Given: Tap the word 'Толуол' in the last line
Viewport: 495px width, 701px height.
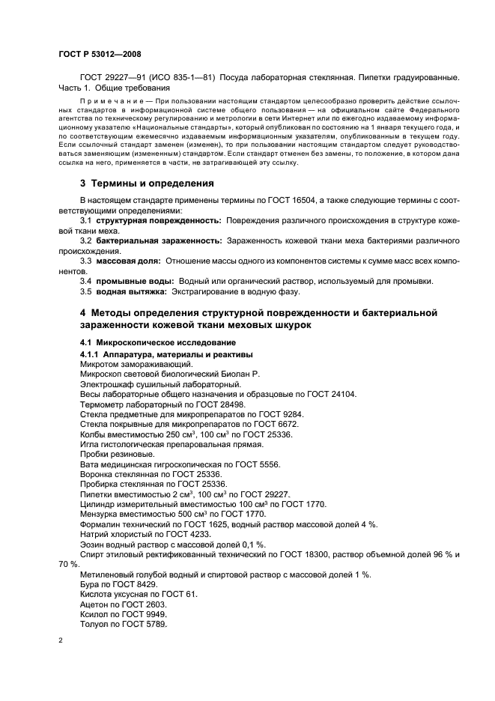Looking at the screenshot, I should (x=95, y=625).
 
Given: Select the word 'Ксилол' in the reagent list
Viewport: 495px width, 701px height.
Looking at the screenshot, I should (x=95, y=614).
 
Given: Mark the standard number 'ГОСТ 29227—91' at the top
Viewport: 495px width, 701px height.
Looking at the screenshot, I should (x=112, y=78).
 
